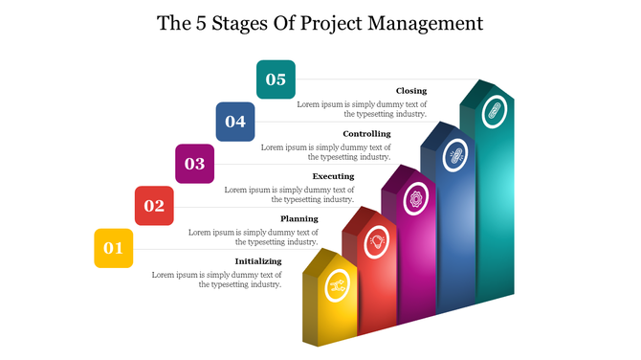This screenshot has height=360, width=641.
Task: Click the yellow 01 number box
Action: click(x=113, y=248)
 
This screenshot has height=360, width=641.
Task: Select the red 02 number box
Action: click(x=154, y=206)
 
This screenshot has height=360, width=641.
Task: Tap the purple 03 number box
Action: click(x=194, y=164)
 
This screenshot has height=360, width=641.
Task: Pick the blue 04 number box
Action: click(x=234, y=122)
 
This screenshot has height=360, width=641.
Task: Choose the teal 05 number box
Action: click(x=276, y=79)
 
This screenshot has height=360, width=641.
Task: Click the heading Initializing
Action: click(x=258, y=260)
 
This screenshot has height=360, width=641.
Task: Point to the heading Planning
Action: click(x=298, y=218)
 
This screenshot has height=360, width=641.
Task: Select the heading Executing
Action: click(x=333, y=176)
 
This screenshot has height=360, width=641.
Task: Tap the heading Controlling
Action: click(x=366, y=134)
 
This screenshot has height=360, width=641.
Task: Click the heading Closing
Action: click(x=411, y=91)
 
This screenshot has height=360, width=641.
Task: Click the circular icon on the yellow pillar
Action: click(x=337, y=284)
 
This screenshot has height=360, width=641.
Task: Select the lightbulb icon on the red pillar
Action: click(x=377, y=240)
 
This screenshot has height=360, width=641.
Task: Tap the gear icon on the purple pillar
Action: click(x=416, y=198)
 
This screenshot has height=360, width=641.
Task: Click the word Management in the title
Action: click(x=421, y=22)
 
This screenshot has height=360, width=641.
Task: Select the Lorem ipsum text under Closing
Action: click(x=362, y=108)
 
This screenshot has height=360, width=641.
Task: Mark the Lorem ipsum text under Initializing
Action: click(x=217, y=279)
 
